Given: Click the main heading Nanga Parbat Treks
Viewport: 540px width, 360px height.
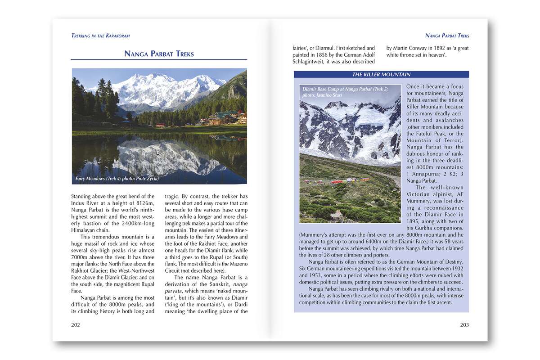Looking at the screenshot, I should pyautogui.click(x=159, y=54).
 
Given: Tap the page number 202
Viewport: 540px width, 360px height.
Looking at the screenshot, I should pyautogui.click(x=76, y=325).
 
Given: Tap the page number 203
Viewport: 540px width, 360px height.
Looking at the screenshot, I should pyautogui.click(x=464, y=325).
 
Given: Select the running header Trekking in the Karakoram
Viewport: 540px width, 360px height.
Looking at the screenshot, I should pyautogui.click(x=100, y=36).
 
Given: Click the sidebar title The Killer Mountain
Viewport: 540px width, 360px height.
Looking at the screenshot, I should pyautogui.click(x=381, y=75).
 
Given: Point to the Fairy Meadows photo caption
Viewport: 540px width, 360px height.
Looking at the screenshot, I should pyautogui.click(x=117, y=179).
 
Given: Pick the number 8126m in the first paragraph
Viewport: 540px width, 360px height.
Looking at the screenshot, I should pyautogui.click(x=144, y=203).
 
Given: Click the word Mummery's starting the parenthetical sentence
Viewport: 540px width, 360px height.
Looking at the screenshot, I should pyautogui.click(x=315, y=234).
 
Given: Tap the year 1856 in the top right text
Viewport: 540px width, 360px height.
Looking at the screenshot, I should pyautogui.click(x=323, y=55).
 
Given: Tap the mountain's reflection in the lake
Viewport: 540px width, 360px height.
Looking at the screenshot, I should pyautogui.click(x=162, y=157).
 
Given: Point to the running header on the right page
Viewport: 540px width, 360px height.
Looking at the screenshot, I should pyautogui.click(x=447, y=36).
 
